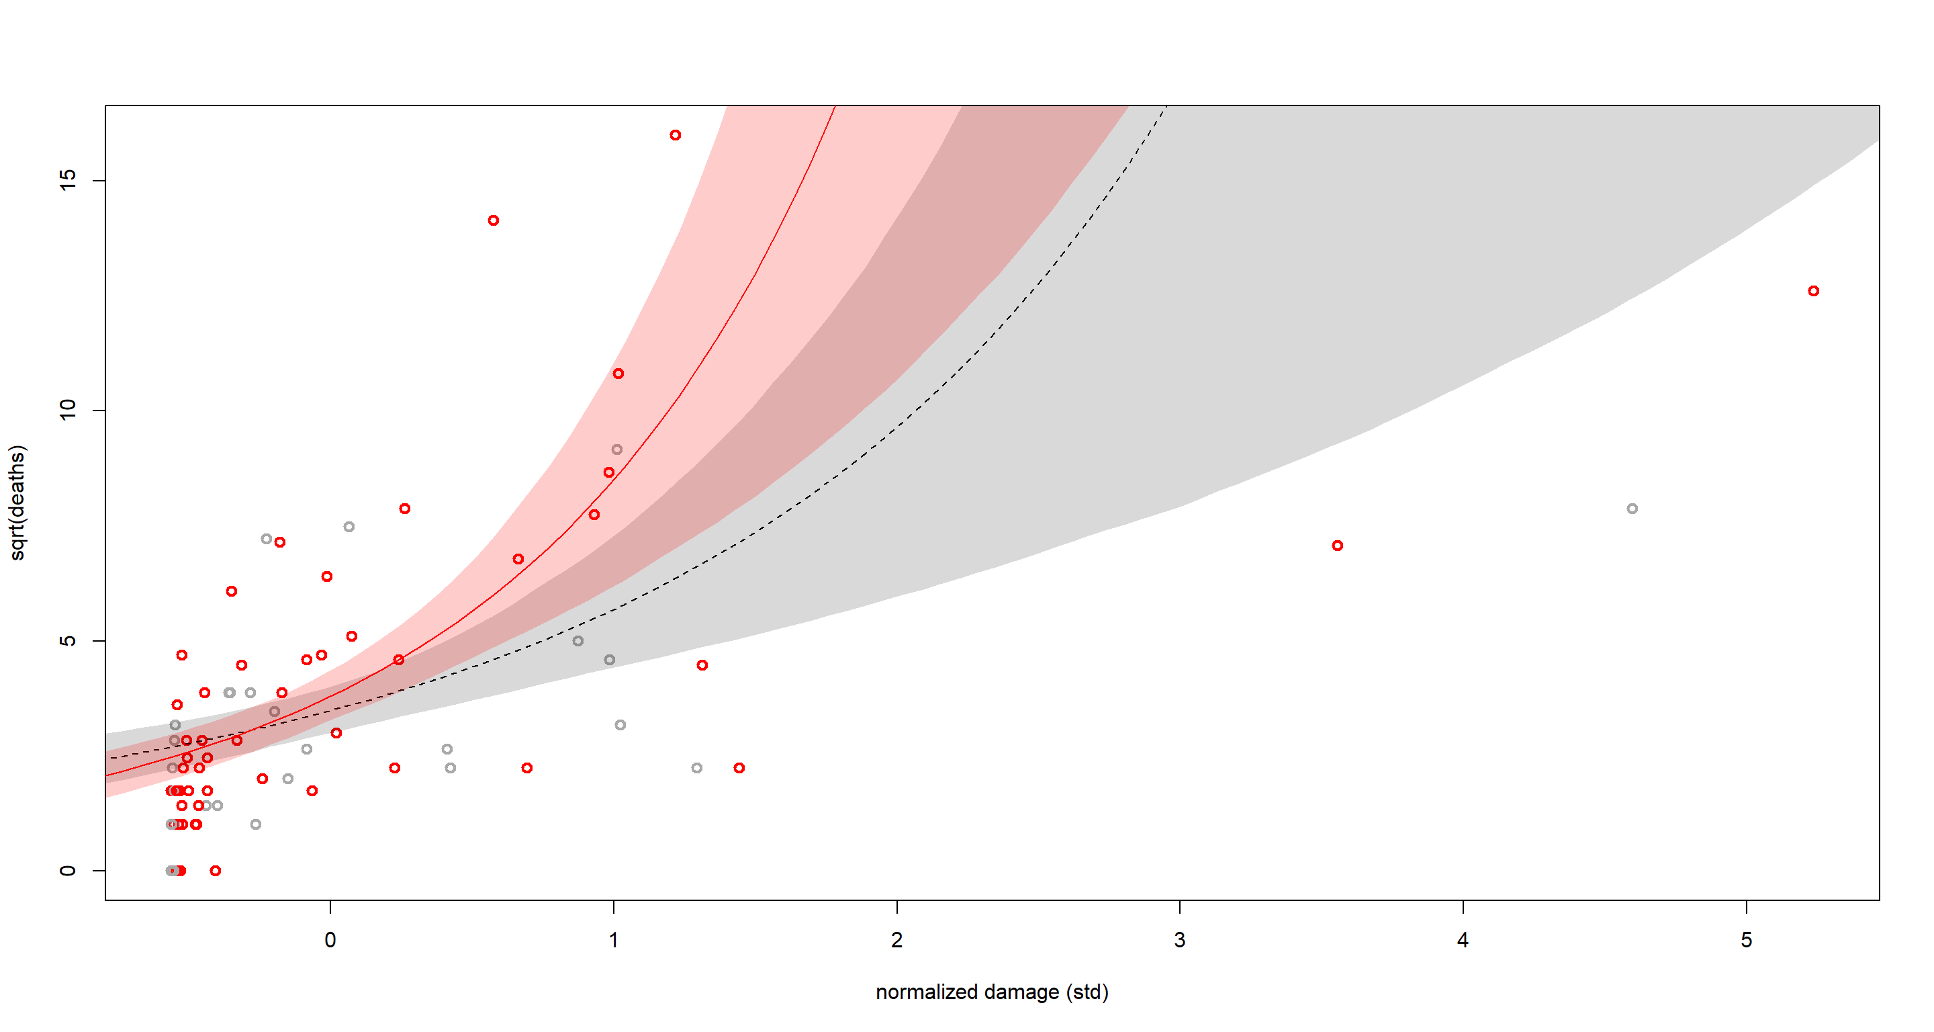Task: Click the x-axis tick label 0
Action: tap(330, 939)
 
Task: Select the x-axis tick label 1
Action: tap(613, 939)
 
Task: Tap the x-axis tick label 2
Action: tap(896, 939)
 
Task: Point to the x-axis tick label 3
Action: tap(1179, 939)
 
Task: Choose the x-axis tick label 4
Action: tap(1463, 939)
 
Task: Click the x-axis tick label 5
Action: tap(1746, 939)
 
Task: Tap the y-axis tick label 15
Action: tap(68, 180)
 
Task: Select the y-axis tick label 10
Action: tap(68, 410)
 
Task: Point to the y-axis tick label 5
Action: tap(68, 641)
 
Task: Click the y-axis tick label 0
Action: tap(68, 871)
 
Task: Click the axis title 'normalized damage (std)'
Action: tap(992, 992)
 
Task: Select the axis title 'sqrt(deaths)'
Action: tap(17, 503)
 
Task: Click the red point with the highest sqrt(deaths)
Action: tap(676, 135)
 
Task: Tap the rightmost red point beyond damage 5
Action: tap(1813, 291)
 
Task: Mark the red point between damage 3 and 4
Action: tap(1337, 546)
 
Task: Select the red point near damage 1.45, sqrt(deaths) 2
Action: tap(739, 767)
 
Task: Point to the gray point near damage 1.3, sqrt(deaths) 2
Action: tap(697, 767)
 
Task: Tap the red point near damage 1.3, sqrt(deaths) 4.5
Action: tap(702, 664)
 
